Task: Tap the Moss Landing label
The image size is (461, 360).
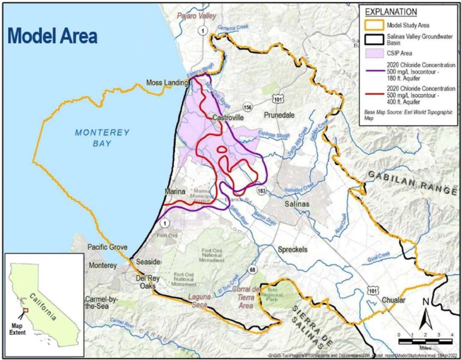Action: click(166, 82)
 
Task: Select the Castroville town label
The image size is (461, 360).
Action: click(228, 118)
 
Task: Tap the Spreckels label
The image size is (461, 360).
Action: click(293, 249)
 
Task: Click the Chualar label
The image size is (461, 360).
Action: click(393, 301)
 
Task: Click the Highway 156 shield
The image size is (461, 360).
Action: click(247, 108)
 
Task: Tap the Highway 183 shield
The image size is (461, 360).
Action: click(262, 191)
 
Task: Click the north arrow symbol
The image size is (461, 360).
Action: click(426, 317)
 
